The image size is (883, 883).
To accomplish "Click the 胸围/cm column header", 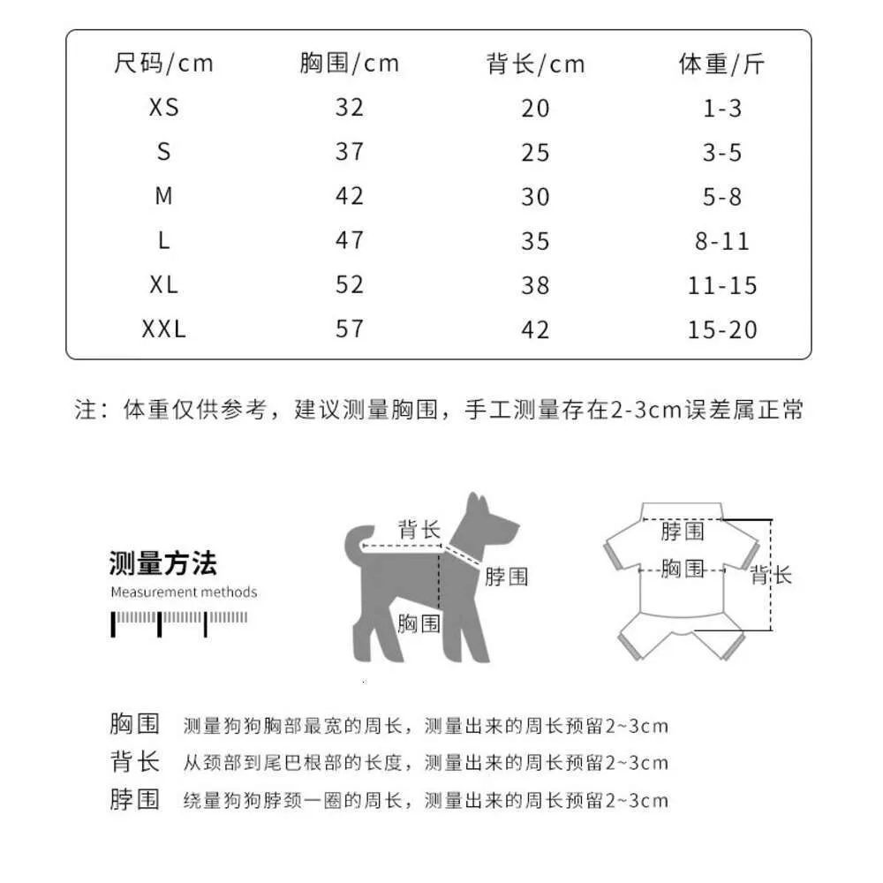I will coord(349,64).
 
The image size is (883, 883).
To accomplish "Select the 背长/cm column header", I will coord(535,64).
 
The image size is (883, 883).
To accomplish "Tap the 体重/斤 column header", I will coord(721,64).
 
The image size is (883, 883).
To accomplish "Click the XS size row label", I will coord(163,108).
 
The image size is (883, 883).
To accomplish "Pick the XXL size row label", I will coord(163,329).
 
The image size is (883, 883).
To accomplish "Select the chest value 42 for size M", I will coord(349,196).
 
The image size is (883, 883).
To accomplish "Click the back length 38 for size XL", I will coord(535,285).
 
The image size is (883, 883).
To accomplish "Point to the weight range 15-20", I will coord(722,329).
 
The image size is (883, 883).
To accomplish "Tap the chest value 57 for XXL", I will coord(349,329).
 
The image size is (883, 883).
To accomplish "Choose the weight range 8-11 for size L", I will coord(722,241).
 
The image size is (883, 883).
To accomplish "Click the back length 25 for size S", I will coord(535,152).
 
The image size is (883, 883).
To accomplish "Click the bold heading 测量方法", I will coord(162,562).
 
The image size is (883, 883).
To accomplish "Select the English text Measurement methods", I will coord(184,592).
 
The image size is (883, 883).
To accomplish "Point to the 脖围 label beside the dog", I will coord(506,577).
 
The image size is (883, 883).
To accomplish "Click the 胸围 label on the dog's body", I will coord(419,623).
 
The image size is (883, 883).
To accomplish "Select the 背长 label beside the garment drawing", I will coord(771,576).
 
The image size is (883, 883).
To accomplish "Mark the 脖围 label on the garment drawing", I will coord(683,531).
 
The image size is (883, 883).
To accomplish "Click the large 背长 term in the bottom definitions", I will coord(135,762).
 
